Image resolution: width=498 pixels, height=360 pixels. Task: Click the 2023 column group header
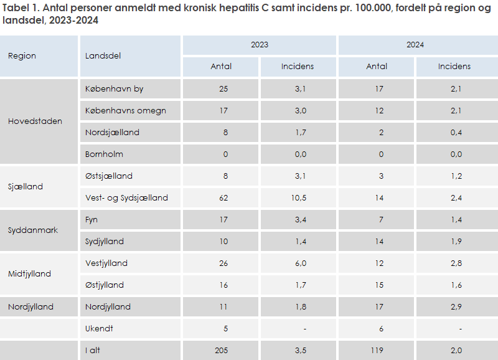click(260, 45)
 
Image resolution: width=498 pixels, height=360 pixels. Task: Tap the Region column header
click(22, 55)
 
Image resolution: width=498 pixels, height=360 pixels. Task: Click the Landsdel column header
click(103, 55)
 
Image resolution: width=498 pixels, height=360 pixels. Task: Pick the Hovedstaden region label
click(35, 121)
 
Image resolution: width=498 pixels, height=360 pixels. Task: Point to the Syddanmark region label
click(33, 230)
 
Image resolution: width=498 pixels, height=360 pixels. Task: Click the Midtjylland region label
click(29, 273)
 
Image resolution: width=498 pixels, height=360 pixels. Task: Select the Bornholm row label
click(104, 154)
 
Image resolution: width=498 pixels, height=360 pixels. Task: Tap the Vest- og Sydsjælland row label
click(126, 197)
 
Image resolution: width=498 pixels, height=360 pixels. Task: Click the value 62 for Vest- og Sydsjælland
click(224, 197)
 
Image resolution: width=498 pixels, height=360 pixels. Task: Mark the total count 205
click(221, 351)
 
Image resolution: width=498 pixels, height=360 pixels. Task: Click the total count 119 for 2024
click(377, 351)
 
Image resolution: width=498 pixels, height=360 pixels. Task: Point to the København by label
click(115, 88)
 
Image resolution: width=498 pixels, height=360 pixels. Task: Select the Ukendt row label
click(99, 328)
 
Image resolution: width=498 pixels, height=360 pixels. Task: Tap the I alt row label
click(93, 351)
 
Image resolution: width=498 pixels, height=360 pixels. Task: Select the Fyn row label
click(92, 219)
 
